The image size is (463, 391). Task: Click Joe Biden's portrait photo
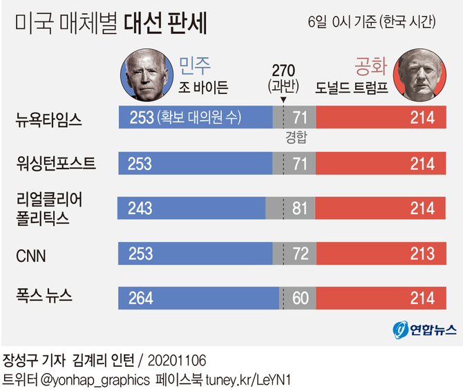click(x=147, y=77)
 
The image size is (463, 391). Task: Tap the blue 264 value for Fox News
click(x=141, y=298)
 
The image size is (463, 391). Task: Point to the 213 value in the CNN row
click(x=422, y=254)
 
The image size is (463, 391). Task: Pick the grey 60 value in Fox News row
click(x=300, y=298)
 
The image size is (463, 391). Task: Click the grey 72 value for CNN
click(x=300, y=254)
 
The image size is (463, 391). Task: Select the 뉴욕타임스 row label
click(x=49, y=119)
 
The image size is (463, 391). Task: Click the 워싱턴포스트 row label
click(x=56, y=164)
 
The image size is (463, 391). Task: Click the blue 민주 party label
click(x=195, y=66)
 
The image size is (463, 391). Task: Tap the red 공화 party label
click(x=369, y=66)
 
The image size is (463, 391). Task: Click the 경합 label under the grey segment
click(x=296, y=137)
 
